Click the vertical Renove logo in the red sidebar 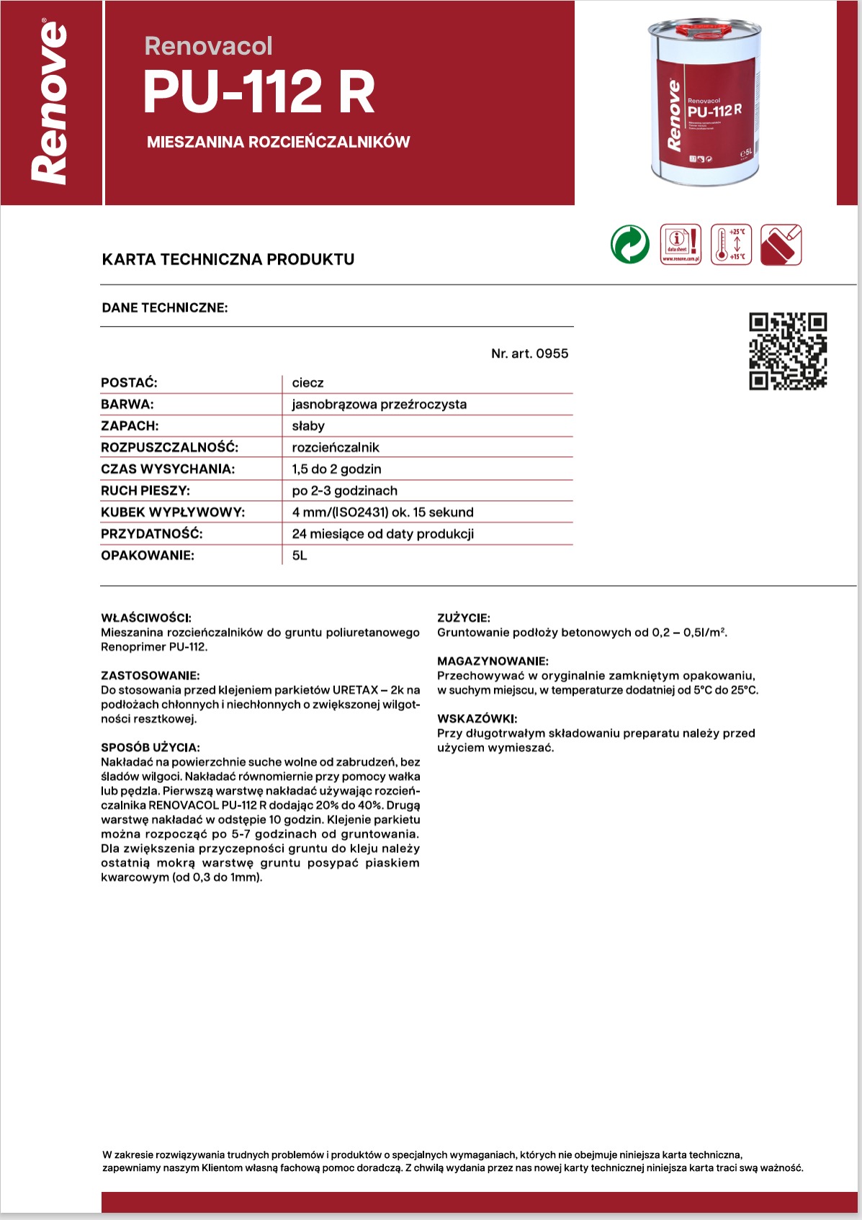coord(50,103)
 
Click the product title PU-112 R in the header coord(259,92)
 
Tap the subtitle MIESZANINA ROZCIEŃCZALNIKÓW coord(278,142)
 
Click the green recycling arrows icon coord(629,244)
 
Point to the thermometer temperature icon coord(731,244)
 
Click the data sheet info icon coord(681,244)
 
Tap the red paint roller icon coord(781,245)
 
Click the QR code coord(788,351)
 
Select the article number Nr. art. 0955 coord(529,353)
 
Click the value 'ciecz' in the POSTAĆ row coord(307,383)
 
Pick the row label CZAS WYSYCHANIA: coord(168,469)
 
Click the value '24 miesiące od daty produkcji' coord(382,534)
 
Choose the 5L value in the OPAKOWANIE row coord(300,556)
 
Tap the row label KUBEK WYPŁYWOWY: coord(173,512)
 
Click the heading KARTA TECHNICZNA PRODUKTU coord(228,259)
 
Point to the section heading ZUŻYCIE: coord(464,618)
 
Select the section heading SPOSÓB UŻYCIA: coord(151,747)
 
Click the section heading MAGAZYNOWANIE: coord(493,661)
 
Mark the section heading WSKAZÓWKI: coord(477,718)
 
